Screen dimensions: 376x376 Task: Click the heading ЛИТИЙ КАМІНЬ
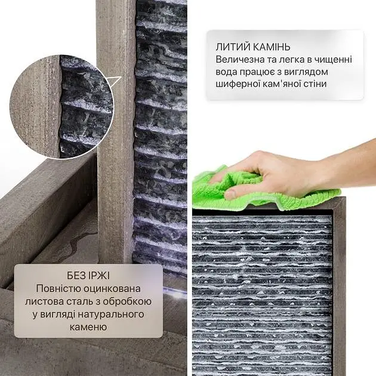tap(252, 47)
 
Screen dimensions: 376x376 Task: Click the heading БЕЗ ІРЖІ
tap(88, 276)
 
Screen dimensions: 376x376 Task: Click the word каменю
tap(88, 327)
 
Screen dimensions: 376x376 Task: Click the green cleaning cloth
tap(252, 189)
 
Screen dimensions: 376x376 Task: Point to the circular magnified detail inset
tap(61, 107)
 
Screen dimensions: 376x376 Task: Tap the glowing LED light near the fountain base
tap(176, 293)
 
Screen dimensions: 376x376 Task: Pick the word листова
tap(43, 301)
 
